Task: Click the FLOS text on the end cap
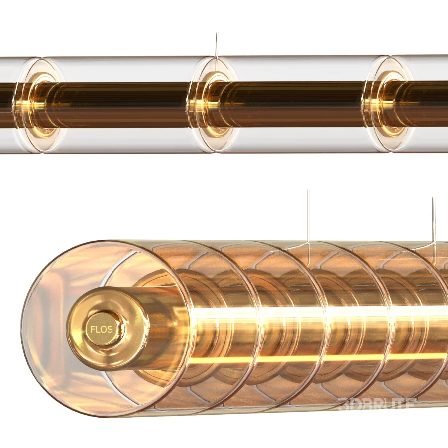pos(101,329)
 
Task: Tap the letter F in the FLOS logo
pos(93,329)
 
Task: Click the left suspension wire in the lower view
pos(308,219)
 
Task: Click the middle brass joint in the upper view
pos(215,105)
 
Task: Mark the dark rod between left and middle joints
pos(124,105)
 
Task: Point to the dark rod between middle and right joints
pos(299,105)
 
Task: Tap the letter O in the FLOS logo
pos(103,329)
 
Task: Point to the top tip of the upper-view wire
pos(216,33)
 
